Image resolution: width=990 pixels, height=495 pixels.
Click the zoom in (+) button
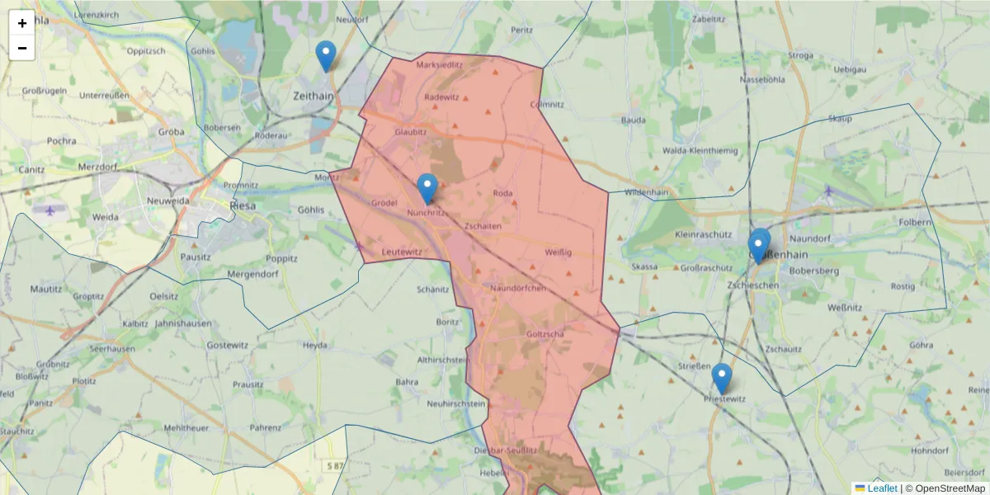[22, 23]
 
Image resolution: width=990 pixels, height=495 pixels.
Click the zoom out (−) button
[22, 48]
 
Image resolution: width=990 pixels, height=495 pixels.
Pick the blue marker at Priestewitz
[722, 379]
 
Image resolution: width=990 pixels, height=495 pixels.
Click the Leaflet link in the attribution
[882, 488]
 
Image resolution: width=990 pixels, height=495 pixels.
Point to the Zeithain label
[313, 96]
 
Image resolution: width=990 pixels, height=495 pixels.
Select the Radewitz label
[441, 97]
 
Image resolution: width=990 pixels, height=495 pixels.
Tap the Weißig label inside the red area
[559, 252]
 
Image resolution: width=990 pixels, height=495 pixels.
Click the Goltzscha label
[544, 334]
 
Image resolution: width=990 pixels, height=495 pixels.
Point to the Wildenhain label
[646, 192]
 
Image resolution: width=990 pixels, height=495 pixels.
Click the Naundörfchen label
[518, 288]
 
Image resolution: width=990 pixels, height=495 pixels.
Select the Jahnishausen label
[183, 323]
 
